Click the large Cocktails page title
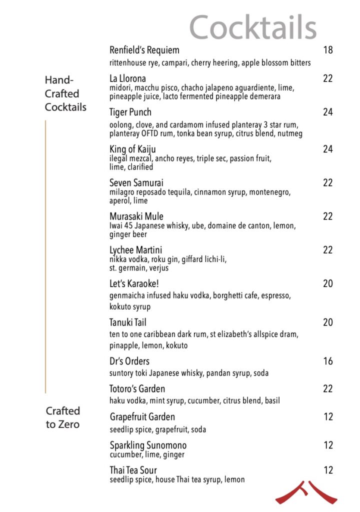253,27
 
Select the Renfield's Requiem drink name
144,50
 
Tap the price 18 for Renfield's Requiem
327,50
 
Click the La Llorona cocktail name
127,78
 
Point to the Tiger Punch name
130,112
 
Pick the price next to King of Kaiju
327,149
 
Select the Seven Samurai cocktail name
136,183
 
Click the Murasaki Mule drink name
136,216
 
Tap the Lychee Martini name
135,250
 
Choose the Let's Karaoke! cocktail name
134,283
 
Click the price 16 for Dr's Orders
327,361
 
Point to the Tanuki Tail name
127,322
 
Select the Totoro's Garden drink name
137,388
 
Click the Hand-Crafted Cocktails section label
65,93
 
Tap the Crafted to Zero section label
63,417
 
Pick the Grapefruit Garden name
142,417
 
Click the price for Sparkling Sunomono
327,445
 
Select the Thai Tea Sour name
133,470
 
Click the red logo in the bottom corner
306,492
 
